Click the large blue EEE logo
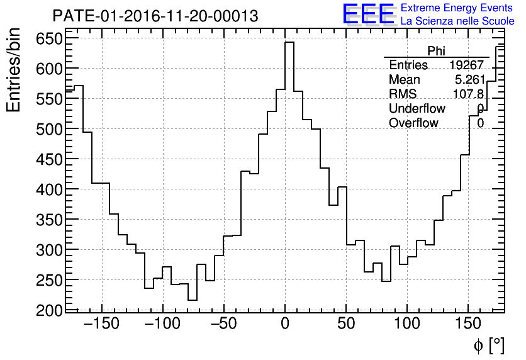(x=368, y=14)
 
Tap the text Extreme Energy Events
(x=457, y=8)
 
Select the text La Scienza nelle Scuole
(x=457, y=21)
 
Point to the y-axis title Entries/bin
(x=14, y=70)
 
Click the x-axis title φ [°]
(x=488, y=346)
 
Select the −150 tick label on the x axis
(x=101, y=325)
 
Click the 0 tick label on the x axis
(x=285, y=325)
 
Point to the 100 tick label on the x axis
(x=407, y=325)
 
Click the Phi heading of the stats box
(x=436, y=51)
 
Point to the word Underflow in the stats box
(x=417, y=109)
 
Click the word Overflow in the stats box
(x=413, y=123)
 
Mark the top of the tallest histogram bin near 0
(x=289, y=42)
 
